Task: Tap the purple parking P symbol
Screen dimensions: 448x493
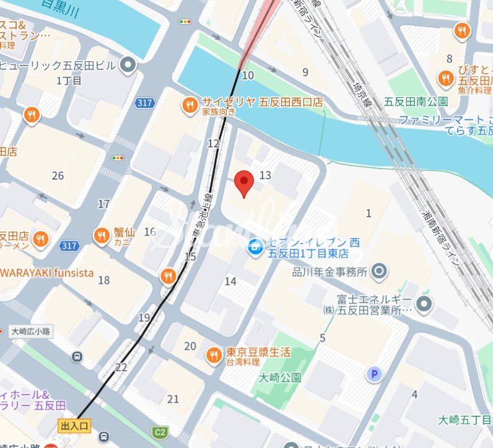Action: click(373, 374)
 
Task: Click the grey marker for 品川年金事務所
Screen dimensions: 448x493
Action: click(380, 271)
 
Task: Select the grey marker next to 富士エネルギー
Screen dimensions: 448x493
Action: click(424, 304)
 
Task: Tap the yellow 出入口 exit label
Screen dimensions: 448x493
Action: click(75, 426)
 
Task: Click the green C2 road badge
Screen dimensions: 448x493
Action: click(161, 432)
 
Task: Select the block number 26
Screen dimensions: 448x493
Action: click(58, 176)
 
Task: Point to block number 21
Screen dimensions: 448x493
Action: click(173, 398)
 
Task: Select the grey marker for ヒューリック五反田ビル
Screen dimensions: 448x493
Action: click(128, 64)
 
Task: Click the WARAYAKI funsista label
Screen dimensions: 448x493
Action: click(47, 273)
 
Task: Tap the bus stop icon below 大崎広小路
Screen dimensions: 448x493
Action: click(77, 357)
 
